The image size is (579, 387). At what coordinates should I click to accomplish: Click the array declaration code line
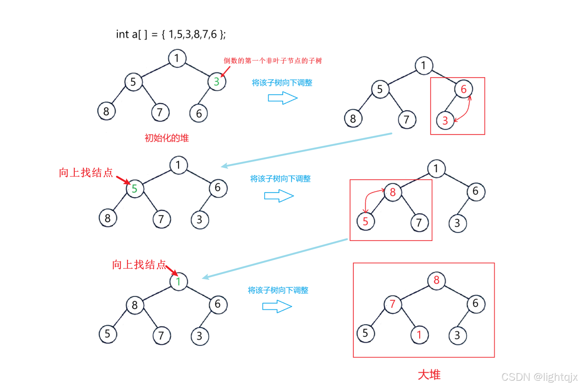pos(171,34)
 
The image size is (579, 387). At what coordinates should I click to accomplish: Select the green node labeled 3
pos(216,82)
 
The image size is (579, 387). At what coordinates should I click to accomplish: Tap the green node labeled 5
pos(135,189)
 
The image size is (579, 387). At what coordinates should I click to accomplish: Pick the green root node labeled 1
pos(179,281)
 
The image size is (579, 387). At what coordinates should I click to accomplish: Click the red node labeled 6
pos(464,89)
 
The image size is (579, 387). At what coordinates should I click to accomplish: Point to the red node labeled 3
pos(445,120)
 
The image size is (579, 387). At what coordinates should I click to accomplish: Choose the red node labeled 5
pos(366,221)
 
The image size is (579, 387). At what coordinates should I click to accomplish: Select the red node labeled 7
pos(393,304)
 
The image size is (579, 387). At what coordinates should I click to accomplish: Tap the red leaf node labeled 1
pos(419,335)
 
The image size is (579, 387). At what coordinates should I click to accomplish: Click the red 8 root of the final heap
pos(436,280)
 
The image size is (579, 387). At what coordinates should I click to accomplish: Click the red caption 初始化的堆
pos(167,138)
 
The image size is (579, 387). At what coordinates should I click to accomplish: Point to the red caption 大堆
pos(429,374)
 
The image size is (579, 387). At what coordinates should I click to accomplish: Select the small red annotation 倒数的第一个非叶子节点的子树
pos(273,61)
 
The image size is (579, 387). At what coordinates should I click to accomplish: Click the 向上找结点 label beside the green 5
pos(86,173)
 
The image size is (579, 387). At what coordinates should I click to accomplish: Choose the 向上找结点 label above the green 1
pos(139,265)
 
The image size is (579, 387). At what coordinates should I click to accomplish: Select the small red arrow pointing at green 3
pos(225,71)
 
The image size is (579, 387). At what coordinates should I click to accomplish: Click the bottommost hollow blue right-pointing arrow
pos(277,306)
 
